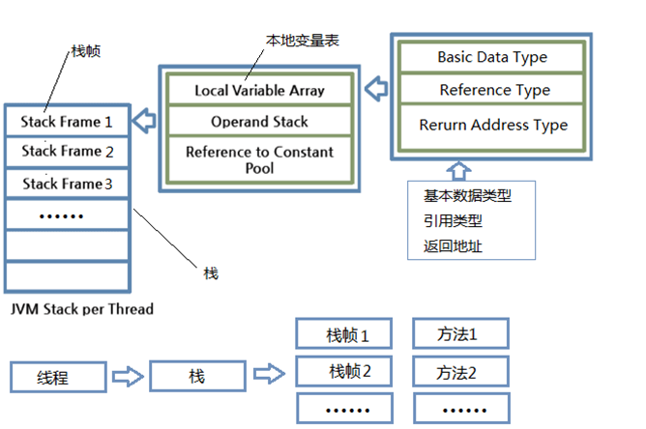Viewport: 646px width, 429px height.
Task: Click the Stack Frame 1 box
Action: pos(67,122)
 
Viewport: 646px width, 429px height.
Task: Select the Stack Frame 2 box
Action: pos(67,152)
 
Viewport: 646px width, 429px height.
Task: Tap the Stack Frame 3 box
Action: pos(67,183)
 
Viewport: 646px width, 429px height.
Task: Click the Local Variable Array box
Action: pos(259,91)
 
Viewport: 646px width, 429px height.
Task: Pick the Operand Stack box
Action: pos(259,122)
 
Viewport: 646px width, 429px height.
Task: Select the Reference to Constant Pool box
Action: pos(259,159)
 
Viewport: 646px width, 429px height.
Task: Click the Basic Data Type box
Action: pos(492,57)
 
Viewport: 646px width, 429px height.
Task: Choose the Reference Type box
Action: pos(492,90)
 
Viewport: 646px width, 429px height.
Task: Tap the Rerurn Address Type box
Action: pos(492,125)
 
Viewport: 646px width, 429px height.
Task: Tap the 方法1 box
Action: pos(458,335)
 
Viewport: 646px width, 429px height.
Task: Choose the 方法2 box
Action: pos(458,371)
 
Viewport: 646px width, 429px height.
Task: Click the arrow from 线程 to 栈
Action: pos(127,377)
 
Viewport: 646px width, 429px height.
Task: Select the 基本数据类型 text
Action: pos(466,195)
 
